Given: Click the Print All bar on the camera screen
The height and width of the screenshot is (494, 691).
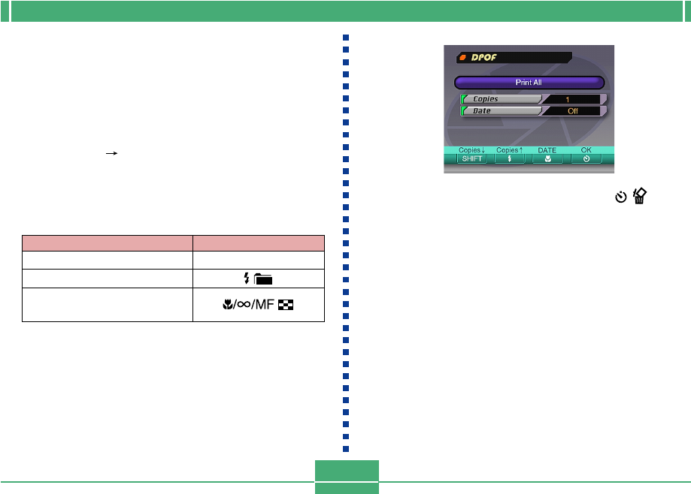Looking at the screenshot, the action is [529, 83].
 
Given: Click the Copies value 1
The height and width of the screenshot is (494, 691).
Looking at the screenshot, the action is [571, 99].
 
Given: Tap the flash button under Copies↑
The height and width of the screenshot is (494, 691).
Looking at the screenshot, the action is [509, 159].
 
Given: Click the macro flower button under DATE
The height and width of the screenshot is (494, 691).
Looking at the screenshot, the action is [547, 159].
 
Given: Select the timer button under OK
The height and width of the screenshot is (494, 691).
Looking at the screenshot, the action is [586, 159].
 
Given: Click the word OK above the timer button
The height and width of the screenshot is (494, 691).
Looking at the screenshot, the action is [586, 150].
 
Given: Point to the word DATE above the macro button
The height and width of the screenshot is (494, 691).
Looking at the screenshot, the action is [547, 150].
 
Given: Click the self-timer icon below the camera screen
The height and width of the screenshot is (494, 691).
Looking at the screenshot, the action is [620, 197].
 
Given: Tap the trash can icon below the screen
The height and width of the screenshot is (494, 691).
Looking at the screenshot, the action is [639, 197].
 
